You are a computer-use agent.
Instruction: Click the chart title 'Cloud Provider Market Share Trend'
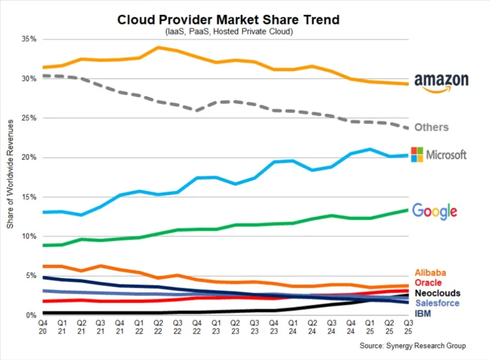(x=228, y=19)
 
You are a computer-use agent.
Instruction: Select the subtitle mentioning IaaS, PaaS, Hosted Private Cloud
(x=228, y=32)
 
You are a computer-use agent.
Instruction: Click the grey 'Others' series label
(x=432, y=127)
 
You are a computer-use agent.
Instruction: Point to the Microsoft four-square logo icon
(x=417, y=155)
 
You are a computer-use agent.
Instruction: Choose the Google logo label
(x=434, y=211)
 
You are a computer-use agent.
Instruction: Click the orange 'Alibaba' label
(x=430, y=273)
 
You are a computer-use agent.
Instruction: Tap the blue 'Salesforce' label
(x=437, y=303)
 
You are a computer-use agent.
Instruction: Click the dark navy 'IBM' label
(x=423, y=314)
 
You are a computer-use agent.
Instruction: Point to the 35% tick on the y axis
(x=29, y=40)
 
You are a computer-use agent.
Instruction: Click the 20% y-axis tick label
(x=29, y=157)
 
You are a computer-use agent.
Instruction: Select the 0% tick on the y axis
(x=31, y=315)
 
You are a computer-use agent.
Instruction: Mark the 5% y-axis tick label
(x=31, y=275)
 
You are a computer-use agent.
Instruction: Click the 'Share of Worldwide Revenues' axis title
(x=10, y=177)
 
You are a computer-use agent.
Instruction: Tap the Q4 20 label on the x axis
(x=42, y=327)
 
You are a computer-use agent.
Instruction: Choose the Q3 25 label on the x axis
(x=408, y=327)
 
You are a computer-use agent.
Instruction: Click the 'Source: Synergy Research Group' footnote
(x=412, y=346)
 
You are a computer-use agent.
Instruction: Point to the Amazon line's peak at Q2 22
(x=159, y=47)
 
